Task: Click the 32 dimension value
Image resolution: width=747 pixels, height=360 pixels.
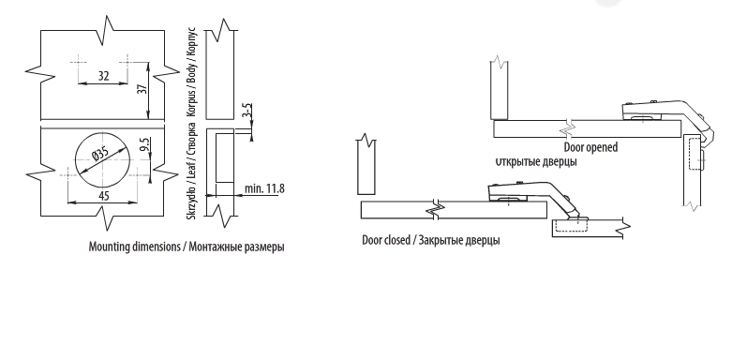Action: pyautogui.click(x=103, y=76)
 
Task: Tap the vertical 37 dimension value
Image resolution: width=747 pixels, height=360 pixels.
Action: pyautogui.click(x=142, y=89)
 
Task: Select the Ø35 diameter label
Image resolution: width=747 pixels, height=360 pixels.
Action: pyautogui.click(x=100, y=153)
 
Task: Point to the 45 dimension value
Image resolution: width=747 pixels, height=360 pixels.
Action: pyautogui.click(x=103, y=196)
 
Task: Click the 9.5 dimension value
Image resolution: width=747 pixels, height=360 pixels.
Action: pyautogui.click(x=145, y=144)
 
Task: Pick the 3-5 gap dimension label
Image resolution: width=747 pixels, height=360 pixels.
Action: pyautogui.click(x=247, y=111)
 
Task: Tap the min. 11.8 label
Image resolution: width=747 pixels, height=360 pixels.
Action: pyautogui.click(x=264, y=188)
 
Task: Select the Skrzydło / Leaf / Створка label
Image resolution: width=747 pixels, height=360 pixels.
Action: pyautogui.click(x=191, y=172)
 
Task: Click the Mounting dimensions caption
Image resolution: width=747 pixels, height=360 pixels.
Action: pyautogui.click(x=187, y=247)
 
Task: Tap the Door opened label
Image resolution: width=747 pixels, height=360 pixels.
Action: pyautogui.click(x=590, y=147)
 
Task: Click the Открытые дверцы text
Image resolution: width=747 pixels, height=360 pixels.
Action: pyautogui.click(x=536, y=161)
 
